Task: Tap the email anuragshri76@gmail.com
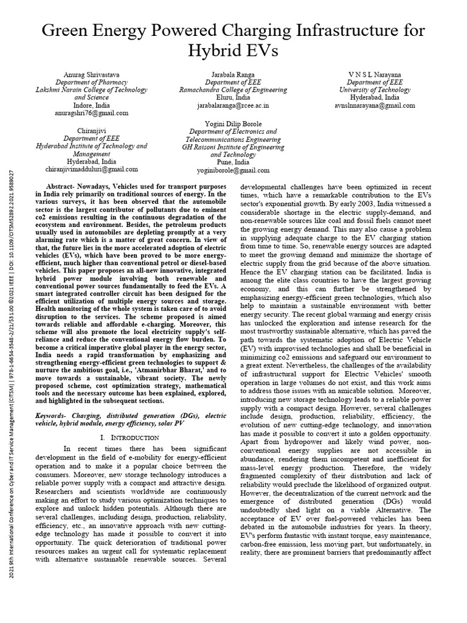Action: coord(92,113)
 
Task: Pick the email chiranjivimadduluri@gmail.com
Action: coord(92,170)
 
